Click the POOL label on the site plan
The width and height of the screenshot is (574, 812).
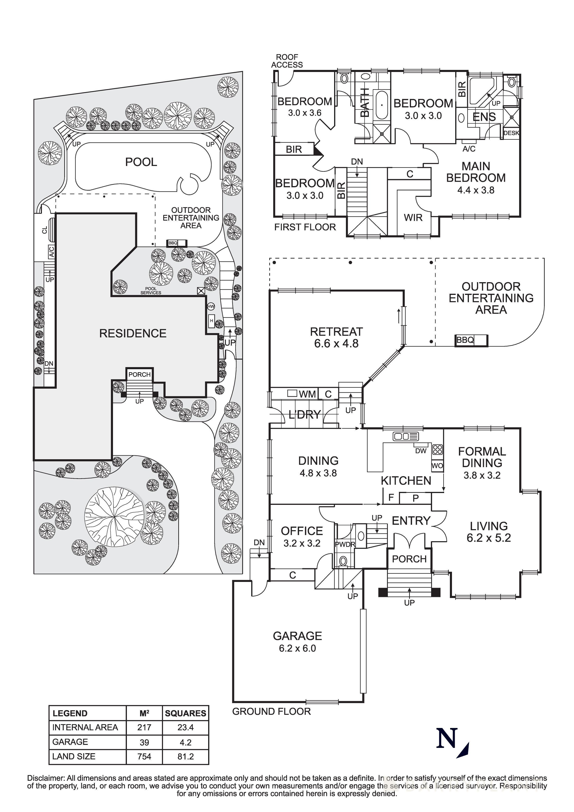tap(141, 162)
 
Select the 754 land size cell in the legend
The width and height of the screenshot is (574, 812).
tap(144, 756)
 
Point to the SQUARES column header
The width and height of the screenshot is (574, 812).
tap(185, 713)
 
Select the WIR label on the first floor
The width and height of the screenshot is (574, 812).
tap(413, 218)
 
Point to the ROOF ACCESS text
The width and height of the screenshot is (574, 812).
tap(287, 61)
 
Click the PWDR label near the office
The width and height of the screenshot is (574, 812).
tap(345, 544)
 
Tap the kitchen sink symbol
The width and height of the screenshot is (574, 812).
tap(405, 436)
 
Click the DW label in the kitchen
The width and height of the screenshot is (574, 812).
tap(421, 451)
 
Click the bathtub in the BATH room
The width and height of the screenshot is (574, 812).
tap(382, 105)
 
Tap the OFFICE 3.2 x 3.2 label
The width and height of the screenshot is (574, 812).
tap(302, 537)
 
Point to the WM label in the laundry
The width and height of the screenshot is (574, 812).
tap(307, 394)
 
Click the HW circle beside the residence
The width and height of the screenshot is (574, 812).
tap(211, 306)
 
